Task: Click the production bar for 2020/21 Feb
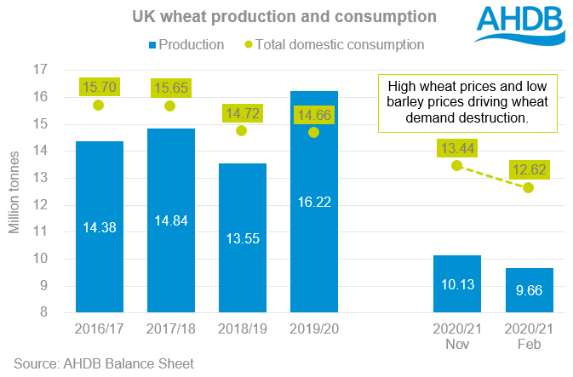click(x=529, y=292)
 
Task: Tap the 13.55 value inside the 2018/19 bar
click(x=242, y=236)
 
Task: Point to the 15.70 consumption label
click(x=99, y=86)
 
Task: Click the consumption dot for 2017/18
click(x=170, y=106)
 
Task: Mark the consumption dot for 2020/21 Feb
click(x=529, y=187)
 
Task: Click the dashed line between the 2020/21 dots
click(x=493, y=176)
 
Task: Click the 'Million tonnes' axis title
click(x=16, y=192)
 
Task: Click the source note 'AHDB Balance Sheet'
click(x=103, y=363)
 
